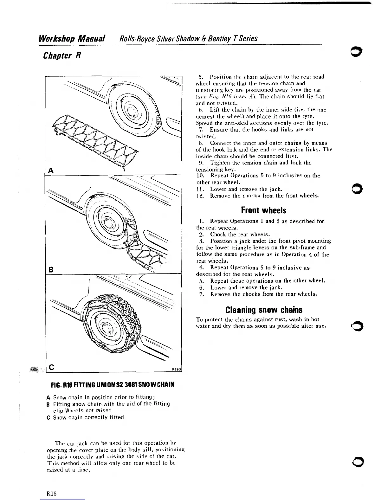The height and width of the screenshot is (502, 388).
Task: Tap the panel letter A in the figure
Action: [x=50, y=171]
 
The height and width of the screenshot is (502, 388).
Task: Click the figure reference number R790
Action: [x=176, y=369]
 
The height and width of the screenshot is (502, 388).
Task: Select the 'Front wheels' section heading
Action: [x=263, y=210]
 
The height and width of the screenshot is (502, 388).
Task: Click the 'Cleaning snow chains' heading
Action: [x=263, y=309]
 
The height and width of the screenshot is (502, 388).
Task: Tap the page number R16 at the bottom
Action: [x=51, y=493]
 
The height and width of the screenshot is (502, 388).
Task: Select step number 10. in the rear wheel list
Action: [x=200, y=176]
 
